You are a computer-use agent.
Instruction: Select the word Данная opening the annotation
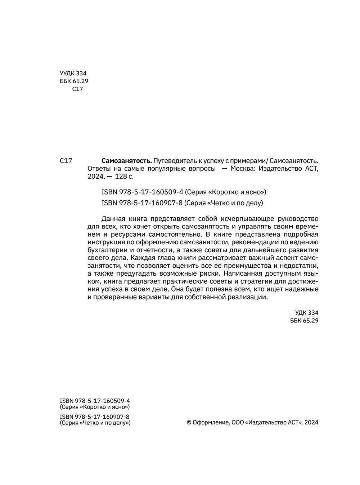point(113,219)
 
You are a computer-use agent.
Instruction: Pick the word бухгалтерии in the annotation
point(107,250)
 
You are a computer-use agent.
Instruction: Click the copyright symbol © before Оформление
point(189,423)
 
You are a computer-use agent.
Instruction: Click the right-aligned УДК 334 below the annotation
point(307,313)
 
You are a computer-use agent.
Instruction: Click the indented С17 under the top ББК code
point(77,89)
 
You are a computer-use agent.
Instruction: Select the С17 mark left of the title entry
point(66,161)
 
